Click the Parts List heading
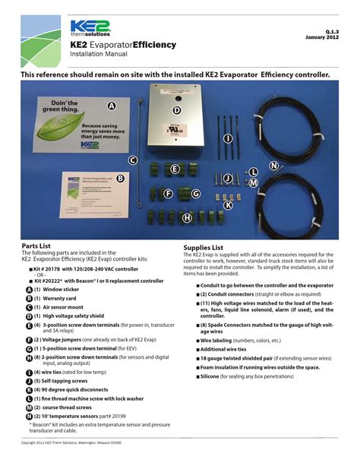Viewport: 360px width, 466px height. pyautogui.click(x=36, y=247)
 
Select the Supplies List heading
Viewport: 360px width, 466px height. pyautogui.click(x=203, y=247)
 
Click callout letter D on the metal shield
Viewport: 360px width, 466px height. pyautogui.click(x=176, y=109)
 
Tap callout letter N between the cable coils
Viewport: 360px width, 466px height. pyautogui.click(x=273, y=166)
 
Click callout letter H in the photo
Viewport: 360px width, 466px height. pyautogui.click(x=187, y=217)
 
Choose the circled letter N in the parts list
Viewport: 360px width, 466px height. pyautogui.click(x=29, y=417)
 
